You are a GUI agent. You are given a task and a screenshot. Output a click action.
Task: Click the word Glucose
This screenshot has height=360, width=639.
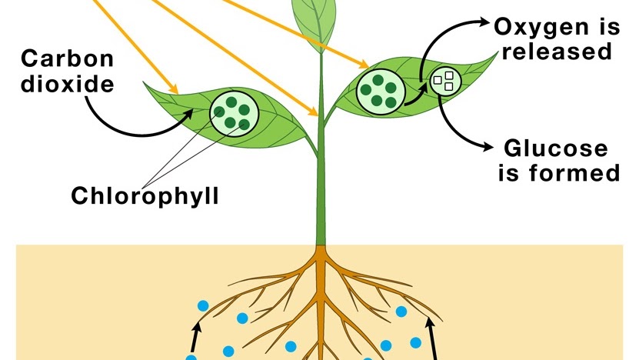[x=555, y=148]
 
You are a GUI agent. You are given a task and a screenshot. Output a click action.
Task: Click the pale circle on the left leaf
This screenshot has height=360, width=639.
[x=235, y=111]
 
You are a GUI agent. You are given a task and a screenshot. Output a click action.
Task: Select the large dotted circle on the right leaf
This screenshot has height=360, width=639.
[x=378, y=89]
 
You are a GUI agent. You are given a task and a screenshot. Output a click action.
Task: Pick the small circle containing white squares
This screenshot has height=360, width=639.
[x=445, y=81]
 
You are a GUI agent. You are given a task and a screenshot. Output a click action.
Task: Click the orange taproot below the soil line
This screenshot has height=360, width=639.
[x=318, y=292]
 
